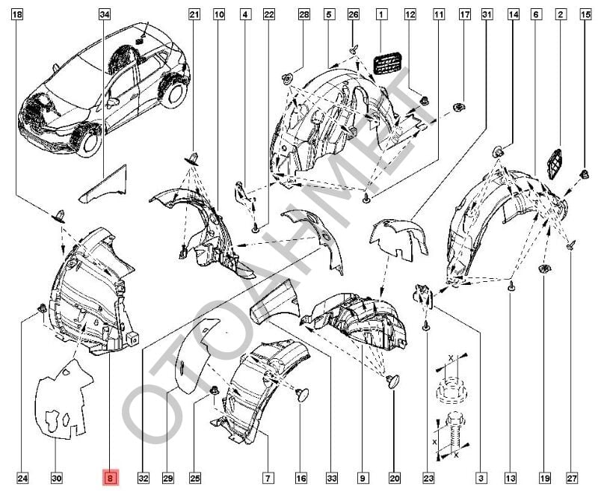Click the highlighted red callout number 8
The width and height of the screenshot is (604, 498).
click(x=111, y=477)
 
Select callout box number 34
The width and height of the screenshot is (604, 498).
click(x=105, y=14)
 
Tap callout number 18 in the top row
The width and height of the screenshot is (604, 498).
click(x=18, y=14)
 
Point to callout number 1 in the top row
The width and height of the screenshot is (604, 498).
click(x=380, y=14)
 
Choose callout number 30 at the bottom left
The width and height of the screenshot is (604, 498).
click(x=57, y=477)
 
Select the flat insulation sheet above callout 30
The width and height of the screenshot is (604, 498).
click(x=64, y=400)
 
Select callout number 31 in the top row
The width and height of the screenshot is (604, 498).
click(x=487, y=14)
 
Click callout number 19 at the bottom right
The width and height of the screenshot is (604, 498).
click(x=543, y=477)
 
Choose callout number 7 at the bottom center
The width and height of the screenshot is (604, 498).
click(x=266, y=477)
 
